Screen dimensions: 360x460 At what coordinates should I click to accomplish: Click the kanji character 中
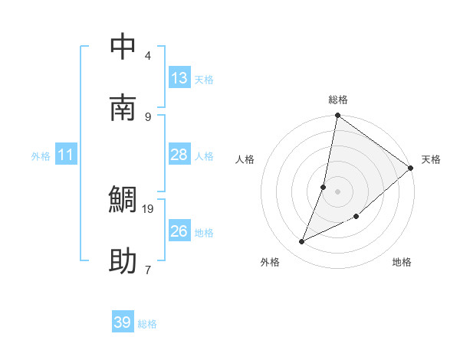tap(123, 47)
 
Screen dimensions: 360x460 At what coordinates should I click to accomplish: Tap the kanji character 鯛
tap(123, 201)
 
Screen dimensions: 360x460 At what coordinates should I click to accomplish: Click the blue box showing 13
tap(179, 78)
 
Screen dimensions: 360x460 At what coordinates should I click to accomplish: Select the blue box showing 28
tap(179, 155)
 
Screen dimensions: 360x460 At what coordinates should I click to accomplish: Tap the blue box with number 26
tap(179, 231)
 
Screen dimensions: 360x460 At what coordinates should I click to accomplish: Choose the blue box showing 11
tap(66, 155)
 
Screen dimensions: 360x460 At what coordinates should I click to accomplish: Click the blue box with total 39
tap(122, 322)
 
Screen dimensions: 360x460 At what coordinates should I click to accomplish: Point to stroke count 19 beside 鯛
tap(148, 208)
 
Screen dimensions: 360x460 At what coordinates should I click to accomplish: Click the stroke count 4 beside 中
tap(148, 55)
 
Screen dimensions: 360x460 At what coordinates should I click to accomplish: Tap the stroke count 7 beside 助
tap(148, 270)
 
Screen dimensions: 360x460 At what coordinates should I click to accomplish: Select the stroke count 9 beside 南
tap(148, 116)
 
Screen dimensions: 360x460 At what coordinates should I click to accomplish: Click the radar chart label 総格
tap(338, 100)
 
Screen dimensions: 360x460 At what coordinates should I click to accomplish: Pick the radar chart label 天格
tap(431, 159)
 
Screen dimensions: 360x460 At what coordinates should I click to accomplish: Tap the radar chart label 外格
tap(270, 263)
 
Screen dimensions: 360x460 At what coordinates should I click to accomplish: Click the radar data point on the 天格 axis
tap(411, 168)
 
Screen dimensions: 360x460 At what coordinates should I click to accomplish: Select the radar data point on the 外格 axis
tap(302, 242)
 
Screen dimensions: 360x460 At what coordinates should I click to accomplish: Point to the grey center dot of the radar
tap(338, 191)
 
